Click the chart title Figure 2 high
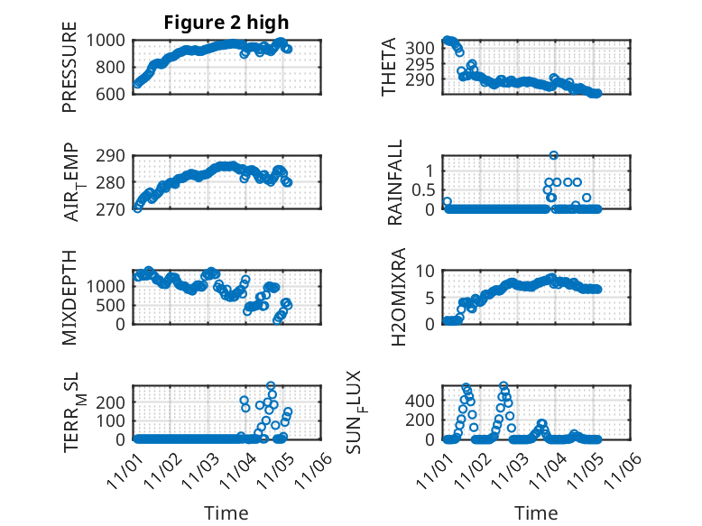[226, 23]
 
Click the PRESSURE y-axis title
[70, 72]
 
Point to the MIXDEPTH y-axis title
[70, 297]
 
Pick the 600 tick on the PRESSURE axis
[114, 93]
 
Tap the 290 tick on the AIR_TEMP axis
[114, 156]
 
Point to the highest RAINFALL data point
[553, 156]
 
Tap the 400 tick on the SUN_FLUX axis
[423, 400]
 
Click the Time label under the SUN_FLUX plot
[536, 513]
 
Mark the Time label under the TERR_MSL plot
[226, 513]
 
